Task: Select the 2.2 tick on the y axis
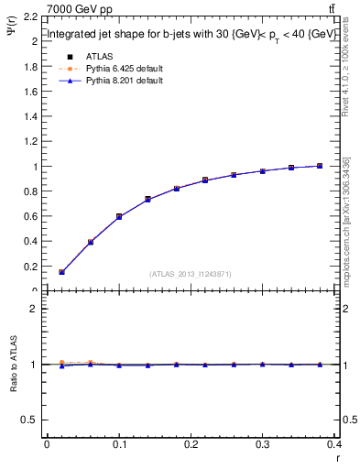tap(30, 16)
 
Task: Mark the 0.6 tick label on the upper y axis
tap(30, 216)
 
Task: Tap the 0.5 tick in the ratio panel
tap(30, 420)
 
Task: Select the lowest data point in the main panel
tap(61, 272)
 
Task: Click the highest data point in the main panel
tap(319, 166)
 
